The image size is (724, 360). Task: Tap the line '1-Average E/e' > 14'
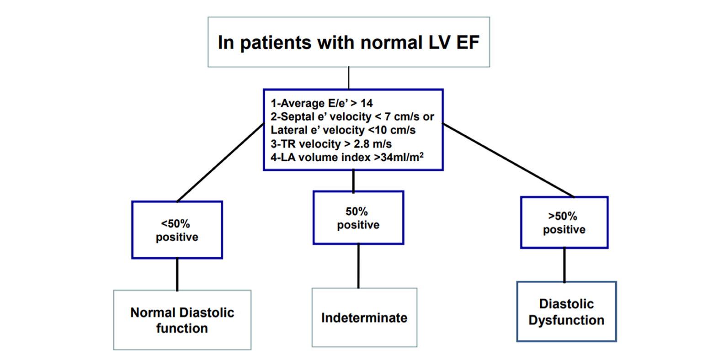[x=322, y=103]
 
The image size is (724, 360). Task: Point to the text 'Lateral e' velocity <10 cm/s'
[x=343, y=130]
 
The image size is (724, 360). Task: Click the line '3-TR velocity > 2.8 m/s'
[x=331, y=144]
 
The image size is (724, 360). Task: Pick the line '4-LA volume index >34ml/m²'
[x=347, y=157]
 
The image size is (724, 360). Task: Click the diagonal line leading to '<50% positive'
[x=220, y=163]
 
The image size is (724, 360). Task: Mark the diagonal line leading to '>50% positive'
[x=508, y=160]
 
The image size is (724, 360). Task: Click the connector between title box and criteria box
[x=349, y=78]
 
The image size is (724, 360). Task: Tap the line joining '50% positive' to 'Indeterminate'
[x=358, y=266]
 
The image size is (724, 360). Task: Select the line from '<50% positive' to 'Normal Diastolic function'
[x=177, y=275]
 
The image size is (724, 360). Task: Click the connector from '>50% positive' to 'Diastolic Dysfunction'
[x=564, y=265]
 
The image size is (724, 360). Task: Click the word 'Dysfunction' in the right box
[x=567, y=320]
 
